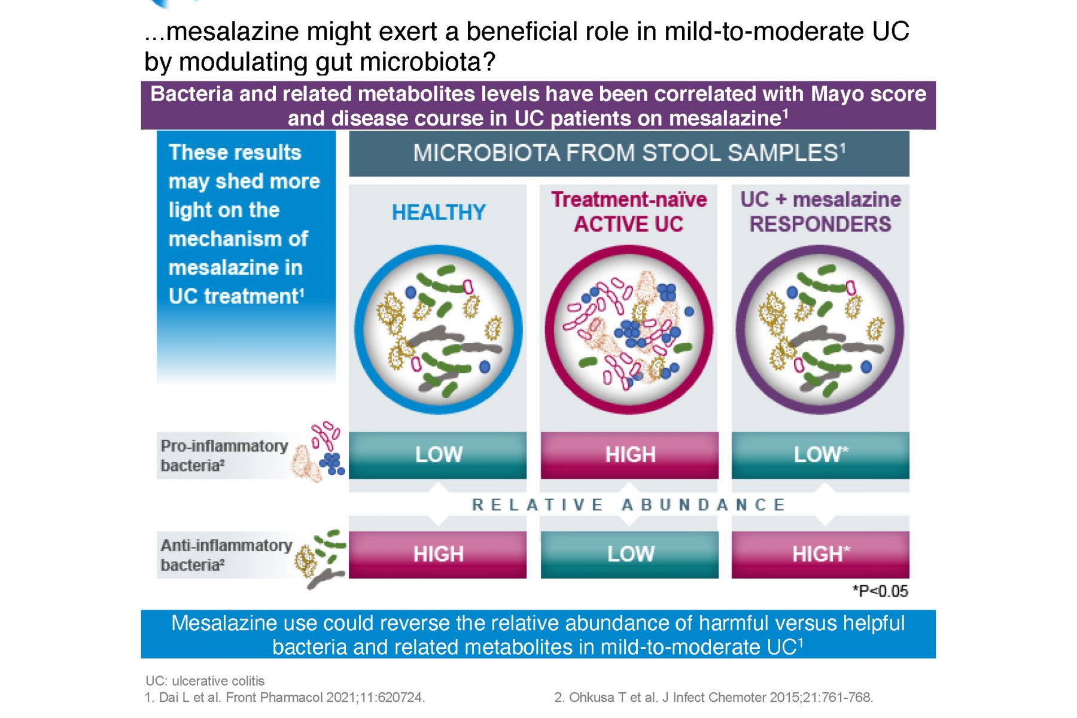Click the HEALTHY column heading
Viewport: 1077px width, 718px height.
439,212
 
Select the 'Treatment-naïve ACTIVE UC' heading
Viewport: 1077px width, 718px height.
629,211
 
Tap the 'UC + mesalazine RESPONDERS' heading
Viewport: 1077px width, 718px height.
820,211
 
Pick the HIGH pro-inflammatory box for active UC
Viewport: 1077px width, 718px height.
629,455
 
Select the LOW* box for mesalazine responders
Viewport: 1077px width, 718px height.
820,455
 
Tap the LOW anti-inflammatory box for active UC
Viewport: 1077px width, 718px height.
629,555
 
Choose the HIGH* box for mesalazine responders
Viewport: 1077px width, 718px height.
820,555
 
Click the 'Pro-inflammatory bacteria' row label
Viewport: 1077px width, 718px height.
224,455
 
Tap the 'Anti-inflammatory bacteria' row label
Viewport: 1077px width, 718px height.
226,555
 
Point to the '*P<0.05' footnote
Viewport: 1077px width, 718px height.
880,591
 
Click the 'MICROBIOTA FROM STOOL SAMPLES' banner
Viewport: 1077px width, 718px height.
629,153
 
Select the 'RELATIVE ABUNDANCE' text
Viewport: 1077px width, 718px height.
628,505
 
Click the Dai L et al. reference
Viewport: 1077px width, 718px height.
285,697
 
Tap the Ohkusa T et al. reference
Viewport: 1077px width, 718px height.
714,697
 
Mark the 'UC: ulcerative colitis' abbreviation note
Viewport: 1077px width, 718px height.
205,681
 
